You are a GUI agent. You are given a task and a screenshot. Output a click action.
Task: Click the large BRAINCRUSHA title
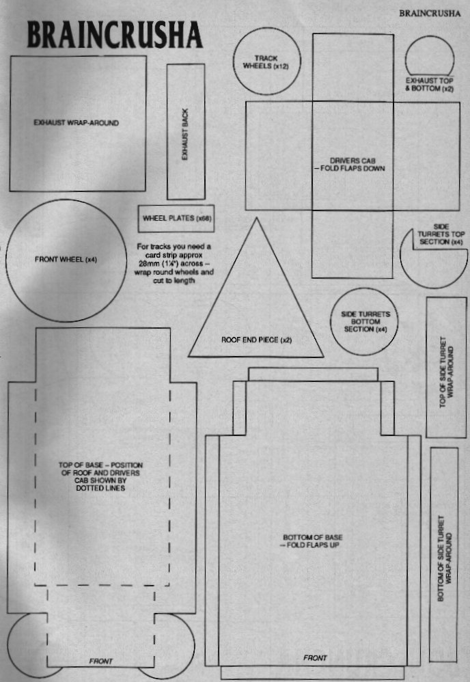[115, 35]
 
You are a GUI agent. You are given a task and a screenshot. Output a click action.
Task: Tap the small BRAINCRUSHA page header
[430, 14]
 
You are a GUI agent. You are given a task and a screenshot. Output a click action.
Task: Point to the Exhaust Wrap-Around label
[76, 123]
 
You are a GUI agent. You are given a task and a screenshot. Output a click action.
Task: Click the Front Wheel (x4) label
[66, 260]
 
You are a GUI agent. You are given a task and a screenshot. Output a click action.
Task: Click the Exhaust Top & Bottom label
[430, 84]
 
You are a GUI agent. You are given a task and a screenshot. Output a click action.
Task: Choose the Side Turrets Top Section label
[441, 234]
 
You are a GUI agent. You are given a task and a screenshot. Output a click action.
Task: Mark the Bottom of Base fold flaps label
[313, 541]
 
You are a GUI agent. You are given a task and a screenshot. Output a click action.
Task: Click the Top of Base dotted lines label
[100, 477]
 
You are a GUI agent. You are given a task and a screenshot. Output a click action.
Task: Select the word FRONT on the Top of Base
[101, 661]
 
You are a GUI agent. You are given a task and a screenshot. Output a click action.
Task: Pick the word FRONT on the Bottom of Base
[315, 658]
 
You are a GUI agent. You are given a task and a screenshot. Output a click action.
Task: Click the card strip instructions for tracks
[174, 264]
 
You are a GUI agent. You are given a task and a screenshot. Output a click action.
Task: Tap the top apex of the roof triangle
[257, 218]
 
